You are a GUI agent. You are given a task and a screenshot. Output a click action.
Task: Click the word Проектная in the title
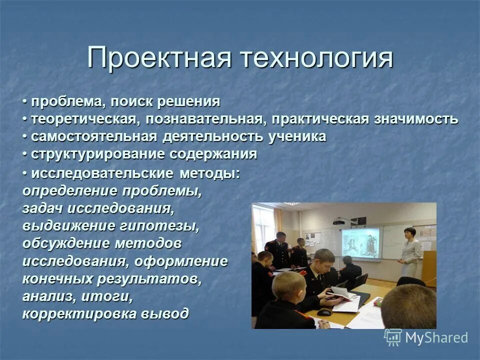coord(159,58)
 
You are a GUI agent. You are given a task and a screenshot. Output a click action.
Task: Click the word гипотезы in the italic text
coord(161,226)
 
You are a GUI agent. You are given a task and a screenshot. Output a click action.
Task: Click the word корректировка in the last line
coord(80,313)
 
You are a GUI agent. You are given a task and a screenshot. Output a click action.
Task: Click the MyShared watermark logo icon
coord(392,337)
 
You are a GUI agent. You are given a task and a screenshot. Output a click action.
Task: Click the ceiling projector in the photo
coord(340,220)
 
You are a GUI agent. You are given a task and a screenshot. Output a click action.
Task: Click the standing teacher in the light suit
coord(410,252)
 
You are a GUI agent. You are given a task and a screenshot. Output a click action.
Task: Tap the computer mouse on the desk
coord(324,312)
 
